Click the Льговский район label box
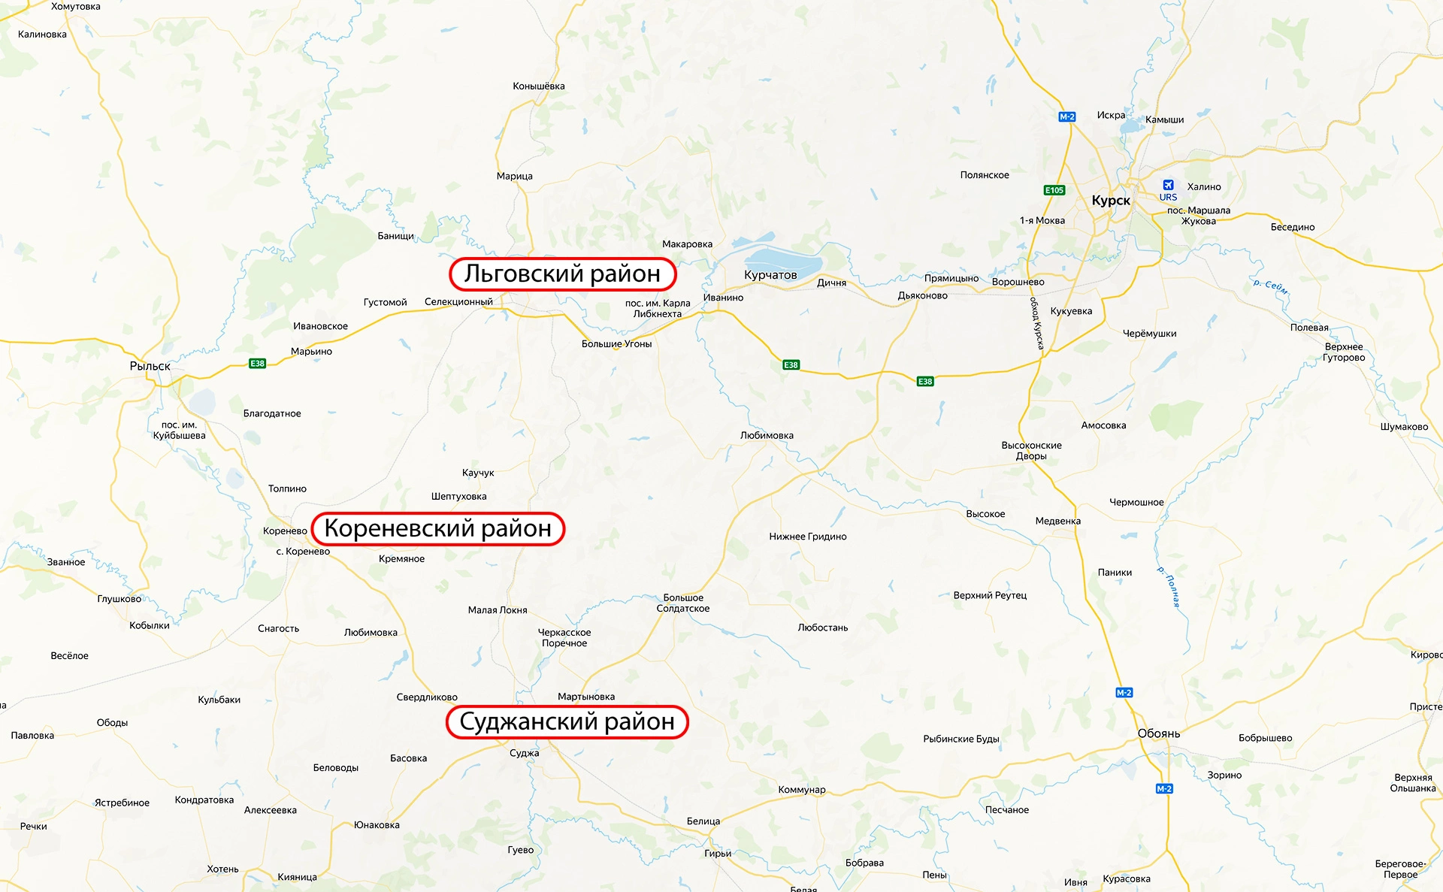562,274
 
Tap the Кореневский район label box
437,529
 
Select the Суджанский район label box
567,722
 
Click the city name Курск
1110,201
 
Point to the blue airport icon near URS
1168,185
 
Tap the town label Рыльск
150,366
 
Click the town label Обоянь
1158,733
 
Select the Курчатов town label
770,275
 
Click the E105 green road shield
1054,190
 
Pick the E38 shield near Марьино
257,364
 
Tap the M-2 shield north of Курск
1067,116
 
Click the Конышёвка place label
538,86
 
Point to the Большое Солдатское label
683,603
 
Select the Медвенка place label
1057,522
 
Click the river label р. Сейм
1270,286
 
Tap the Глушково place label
119,599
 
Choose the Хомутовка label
75,7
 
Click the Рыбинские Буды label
960,739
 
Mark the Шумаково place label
1403,427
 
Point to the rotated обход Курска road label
1036,323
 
